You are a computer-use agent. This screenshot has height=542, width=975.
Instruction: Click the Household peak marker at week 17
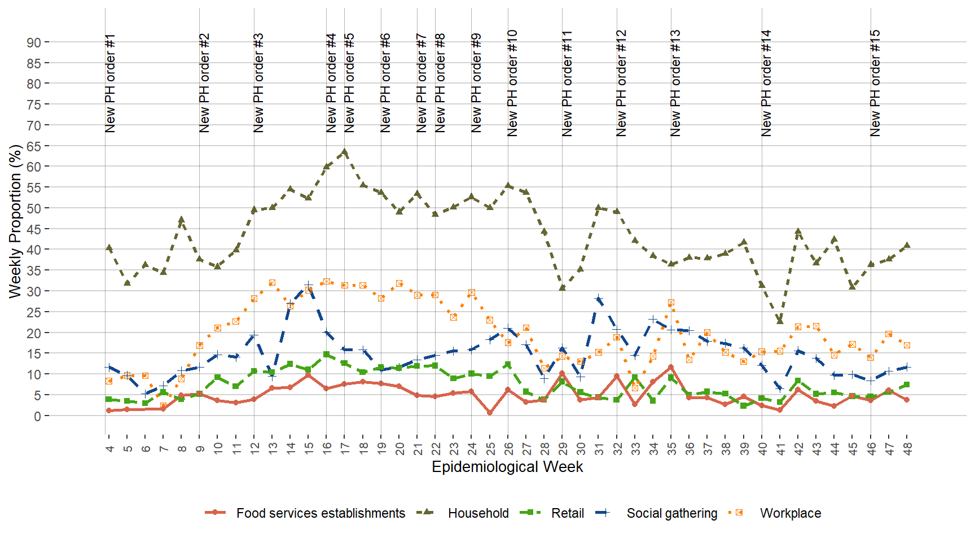coord(345,152)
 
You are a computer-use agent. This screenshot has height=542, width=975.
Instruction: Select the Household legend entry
coord(477,513)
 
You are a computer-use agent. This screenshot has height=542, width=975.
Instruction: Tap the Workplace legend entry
coord(790,513)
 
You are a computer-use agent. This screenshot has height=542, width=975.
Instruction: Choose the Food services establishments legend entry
coord(320,513)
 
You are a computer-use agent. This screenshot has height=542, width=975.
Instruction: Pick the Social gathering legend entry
coord(671,513)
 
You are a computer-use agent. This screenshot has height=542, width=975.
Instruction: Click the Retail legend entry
coord(567,513)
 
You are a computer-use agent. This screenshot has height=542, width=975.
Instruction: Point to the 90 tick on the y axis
coord(34,42)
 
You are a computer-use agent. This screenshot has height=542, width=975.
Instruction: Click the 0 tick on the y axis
coord(37,416)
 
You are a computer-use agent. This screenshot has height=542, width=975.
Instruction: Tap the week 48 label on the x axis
coord(907,448)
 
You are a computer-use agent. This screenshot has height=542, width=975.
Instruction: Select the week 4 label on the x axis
coord(109,448)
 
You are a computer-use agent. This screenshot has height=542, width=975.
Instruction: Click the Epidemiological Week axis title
coord(507,467)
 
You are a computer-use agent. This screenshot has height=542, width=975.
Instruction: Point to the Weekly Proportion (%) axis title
coord(15,221)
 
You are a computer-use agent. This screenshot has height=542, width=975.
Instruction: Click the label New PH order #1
coord(110,83)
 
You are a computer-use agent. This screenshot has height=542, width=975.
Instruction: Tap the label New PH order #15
coord(875,83)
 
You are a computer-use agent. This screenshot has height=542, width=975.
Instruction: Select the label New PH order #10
coord(512,83)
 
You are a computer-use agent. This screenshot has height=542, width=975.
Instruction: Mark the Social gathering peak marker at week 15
coord(309,285)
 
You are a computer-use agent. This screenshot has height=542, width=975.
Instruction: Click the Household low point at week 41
coord(780,321)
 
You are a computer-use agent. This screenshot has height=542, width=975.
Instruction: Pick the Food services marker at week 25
coord(490,413)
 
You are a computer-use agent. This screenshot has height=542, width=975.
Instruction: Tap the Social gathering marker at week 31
coord(599,298)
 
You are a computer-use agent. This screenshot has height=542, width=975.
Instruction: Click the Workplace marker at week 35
coord(671,303)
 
